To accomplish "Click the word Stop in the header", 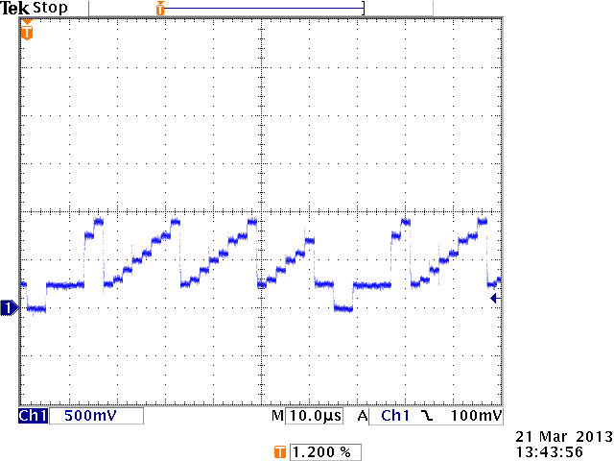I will point(51,8).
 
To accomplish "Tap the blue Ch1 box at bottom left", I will point(33,416).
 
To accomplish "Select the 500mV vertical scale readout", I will point(85,416).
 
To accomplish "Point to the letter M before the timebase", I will point(278,416).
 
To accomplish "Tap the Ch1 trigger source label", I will point(395,416).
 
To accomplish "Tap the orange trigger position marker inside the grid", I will point(27,33).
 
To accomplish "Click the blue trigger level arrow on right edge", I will point(494,300).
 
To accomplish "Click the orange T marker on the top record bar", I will point(160,9).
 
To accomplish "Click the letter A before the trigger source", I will point(364,416).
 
